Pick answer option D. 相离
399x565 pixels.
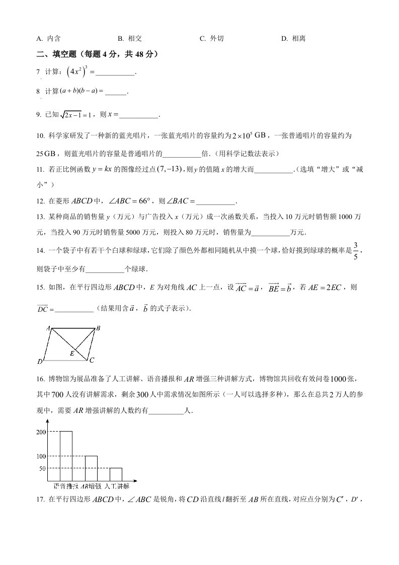click(293, 38)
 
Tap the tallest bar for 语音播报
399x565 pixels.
click(66, 456)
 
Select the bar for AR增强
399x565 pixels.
click(91, 468)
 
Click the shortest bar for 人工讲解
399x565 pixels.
click(116, 474)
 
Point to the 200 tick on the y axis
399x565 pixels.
click(41, 432)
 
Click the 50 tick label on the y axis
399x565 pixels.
click(42, 468)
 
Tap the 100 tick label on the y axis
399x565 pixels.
click(41, 456)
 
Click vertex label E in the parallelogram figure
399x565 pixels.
click(72, 354)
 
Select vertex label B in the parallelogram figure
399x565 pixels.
click(99, 328)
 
